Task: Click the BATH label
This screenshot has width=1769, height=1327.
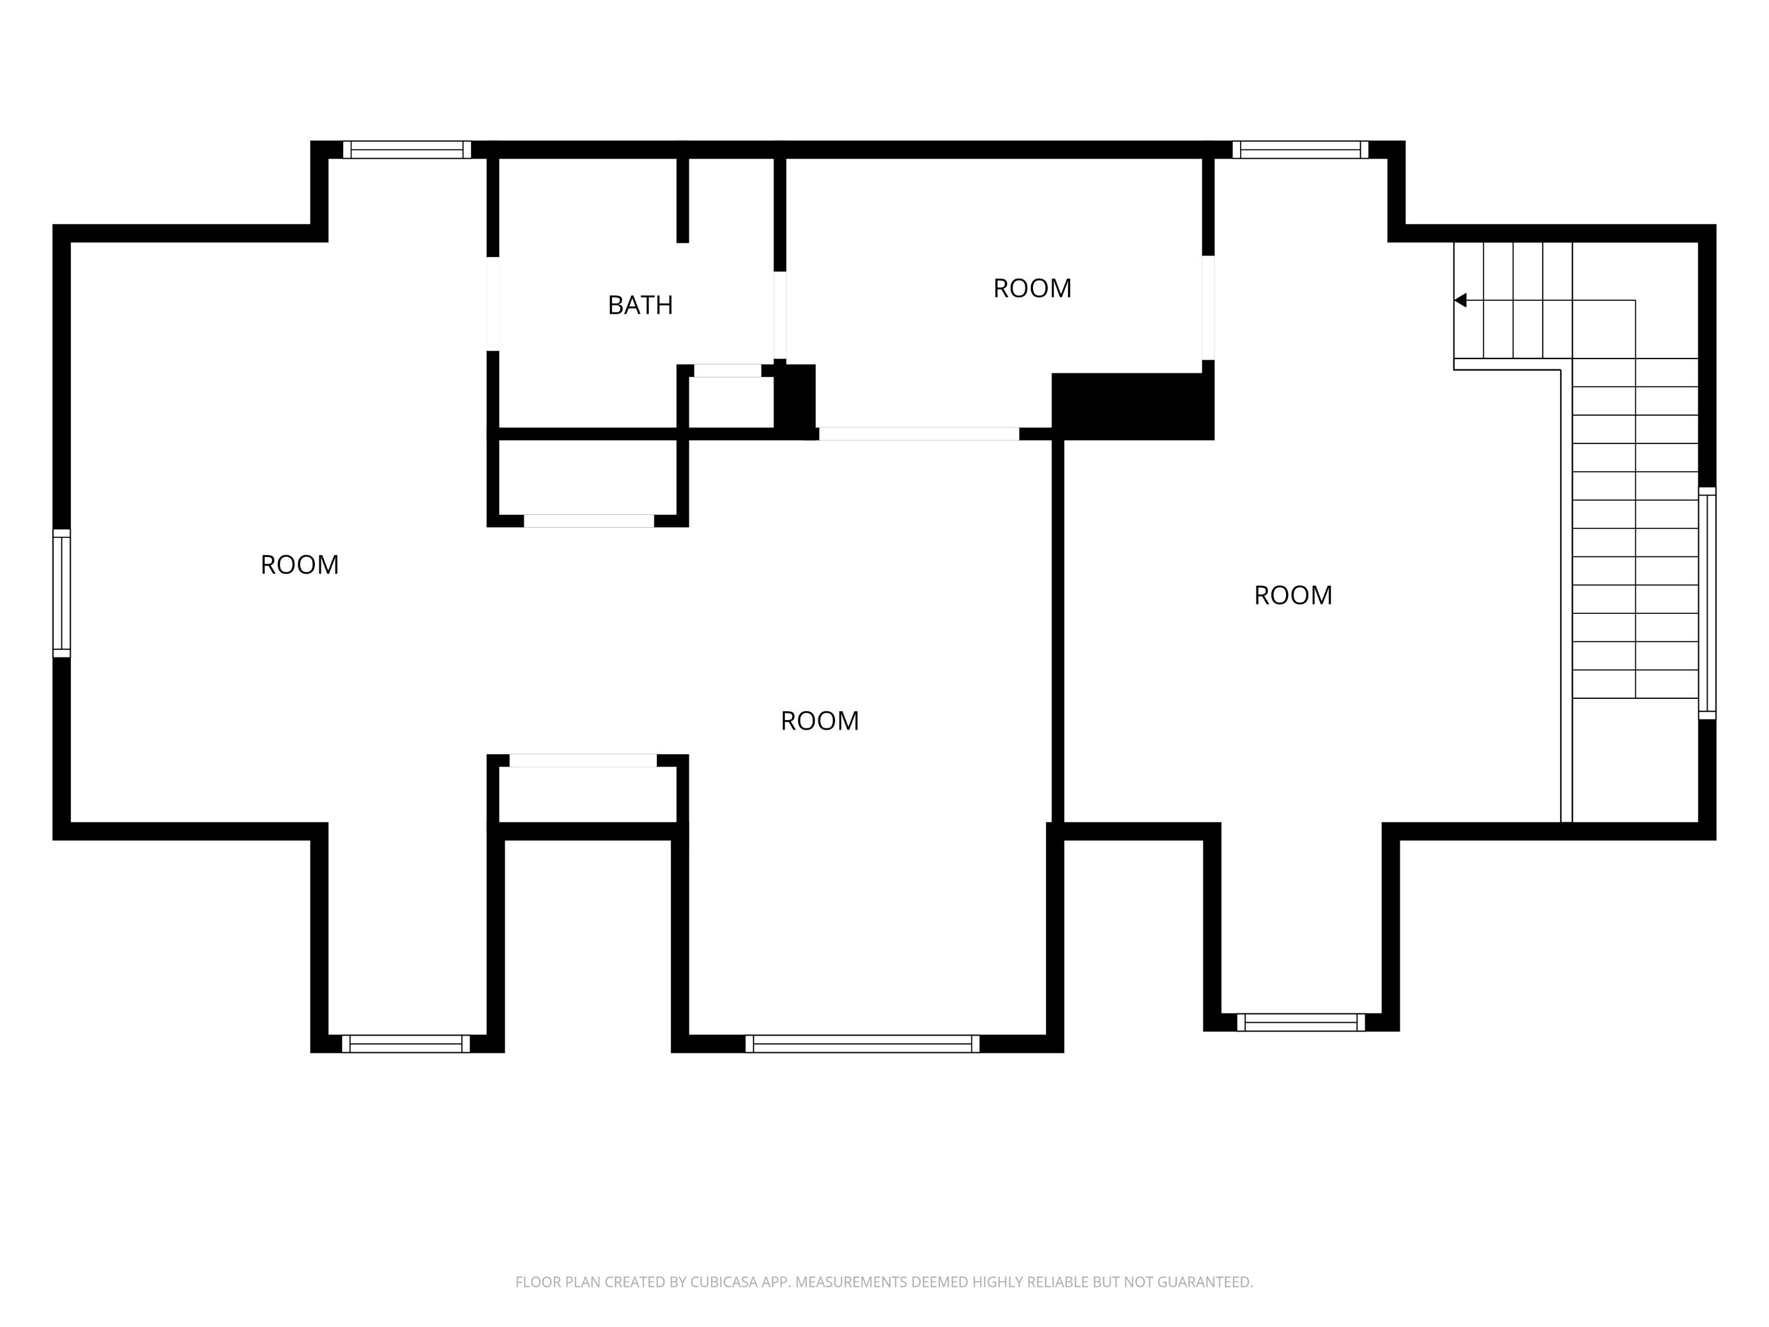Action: click(x=640, y=305)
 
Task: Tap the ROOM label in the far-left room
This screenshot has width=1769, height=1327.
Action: click(x=300, y=565)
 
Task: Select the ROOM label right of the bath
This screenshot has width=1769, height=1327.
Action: click(x=1033, y=288)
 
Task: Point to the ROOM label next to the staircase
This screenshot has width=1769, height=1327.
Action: click(x=1293, y=595)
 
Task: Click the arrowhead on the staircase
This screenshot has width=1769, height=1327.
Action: click(x=1459, y=300)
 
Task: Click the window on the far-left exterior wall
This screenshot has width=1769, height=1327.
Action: click(x=61, y=593)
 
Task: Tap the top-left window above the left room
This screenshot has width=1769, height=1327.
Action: click(x=407, y=150)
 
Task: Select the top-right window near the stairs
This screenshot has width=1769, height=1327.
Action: click(x=1300, y=150)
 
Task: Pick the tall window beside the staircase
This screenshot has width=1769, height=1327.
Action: click(x=1706, y=603)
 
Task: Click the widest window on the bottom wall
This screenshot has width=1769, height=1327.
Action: click(x=862, y=1044)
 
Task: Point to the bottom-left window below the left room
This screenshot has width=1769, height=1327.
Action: click(x=406, y=1044)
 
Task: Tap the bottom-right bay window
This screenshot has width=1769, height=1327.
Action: click(x=1301, y=1022)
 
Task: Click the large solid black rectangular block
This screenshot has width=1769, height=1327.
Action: click(x=1132, y=406)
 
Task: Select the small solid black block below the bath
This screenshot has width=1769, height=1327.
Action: click(x=795, y=399)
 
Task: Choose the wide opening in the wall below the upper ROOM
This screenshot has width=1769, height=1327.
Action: click(x=919, y=433)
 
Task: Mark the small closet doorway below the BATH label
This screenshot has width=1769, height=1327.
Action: click(x=727, y=370)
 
